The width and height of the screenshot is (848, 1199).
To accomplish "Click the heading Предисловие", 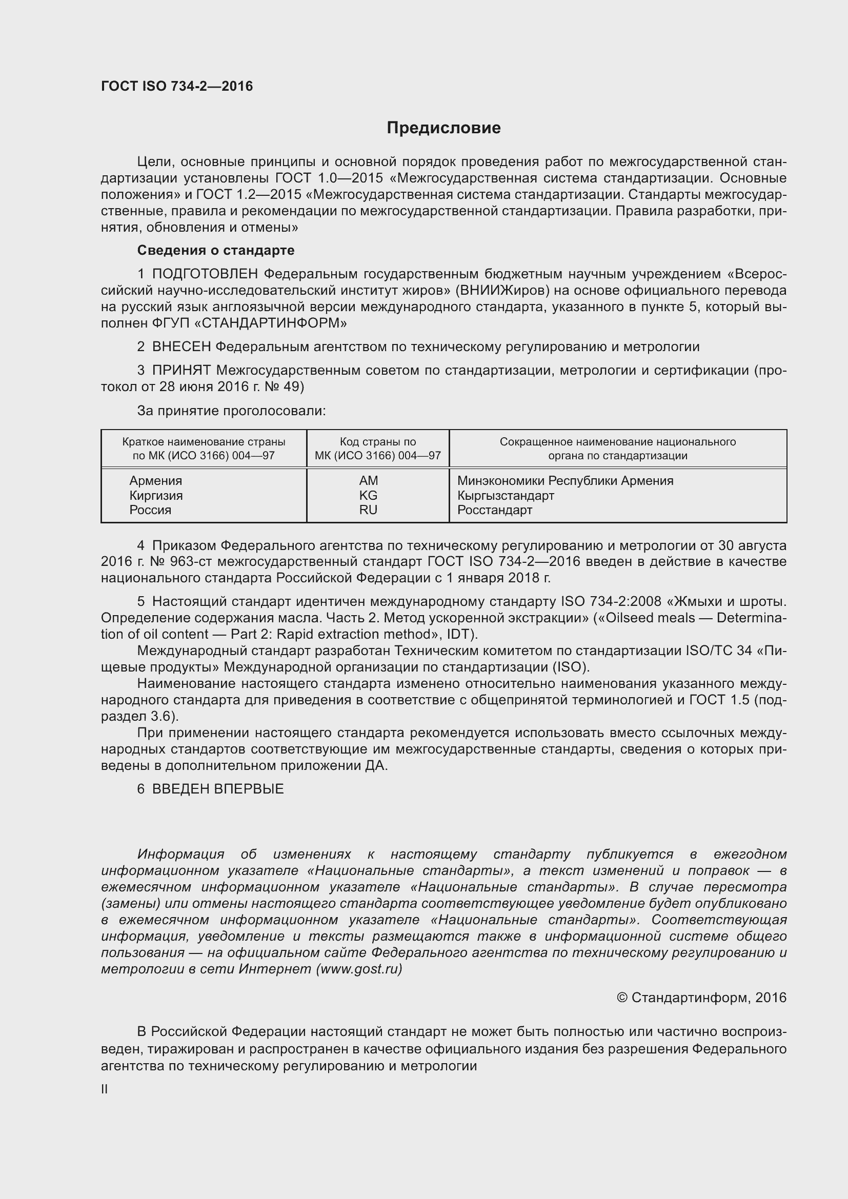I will pyautogui.click(x=443, y=128).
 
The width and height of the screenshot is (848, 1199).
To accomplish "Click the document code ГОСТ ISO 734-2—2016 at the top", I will pyautogui.click(x=176, y=86).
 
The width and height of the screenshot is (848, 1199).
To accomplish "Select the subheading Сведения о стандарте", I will pyautogui.click(x=216, y=250).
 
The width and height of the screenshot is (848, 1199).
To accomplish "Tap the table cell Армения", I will pyautogui.click(x=156, y=480).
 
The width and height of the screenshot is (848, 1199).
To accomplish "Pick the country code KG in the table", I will pyautogui.click(x=368, y=495).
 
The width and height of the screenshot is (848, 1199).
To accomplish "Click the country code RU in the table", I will pyautogui.click(x=368, y=510).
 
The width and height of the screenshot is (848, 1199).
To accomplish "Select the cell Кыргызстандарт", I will pyautogui.click(x=506, y=495).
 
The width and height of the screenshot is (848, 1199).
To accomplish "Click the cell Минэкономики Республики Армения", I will pyautogui.click(x=565, y=480).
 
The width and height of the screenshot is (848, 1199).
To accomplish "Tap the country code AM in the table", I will pyautogui.click(x=368, y=480).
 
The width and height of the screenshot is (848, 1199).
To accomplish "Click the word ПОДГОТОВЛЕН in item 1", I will pyautogui.click(x=205, y=274).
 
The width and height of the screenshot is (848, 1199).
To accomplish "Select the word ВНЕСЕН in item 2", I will pyautogui.click(x=181, y=347).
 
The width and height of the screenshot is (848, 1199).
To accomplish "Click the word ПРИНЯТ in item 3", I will pyautogui.click(x=181, y=370).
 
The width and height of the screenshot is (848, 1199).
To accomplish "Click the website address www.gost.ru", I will pyautogui.click(x=358, y=969).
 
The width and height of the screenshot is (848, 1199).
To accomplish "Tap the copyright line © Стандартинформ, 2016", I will pyautogui.click(x=701, y=998).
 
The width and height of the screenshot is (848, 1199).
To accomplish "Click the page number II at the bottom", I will pyautogui.click(x=105, y=1089).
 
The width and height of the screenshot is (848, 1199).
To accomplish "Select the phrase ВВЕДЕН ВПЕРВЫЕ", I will pyautogui.click(x=218, y=789).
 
